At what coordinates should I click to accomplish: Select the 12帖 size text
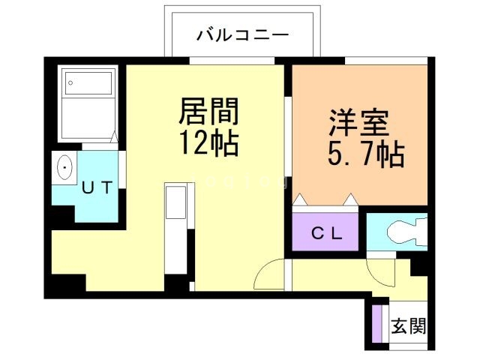[208, 142]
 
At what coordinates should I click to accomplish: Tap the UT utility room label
[97, 188]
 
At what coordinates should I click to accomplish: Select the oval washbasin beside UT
[64, 166]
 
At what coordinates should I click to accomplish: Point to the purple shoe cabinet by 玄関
[378, 323]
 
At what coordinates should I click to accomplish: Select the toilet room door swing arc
[379, 272]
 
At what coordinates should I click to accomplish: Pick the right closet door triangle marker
[350, 199]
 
